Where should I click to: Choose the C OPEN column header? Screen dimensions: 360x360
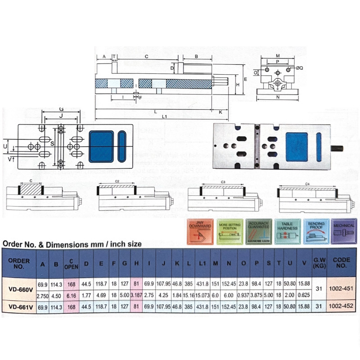[71, 264]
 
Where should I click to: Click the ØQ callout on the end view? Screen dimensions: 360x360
[300, 67]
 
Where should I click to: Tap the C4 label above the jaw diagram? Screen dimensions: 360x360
[307, 184]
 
